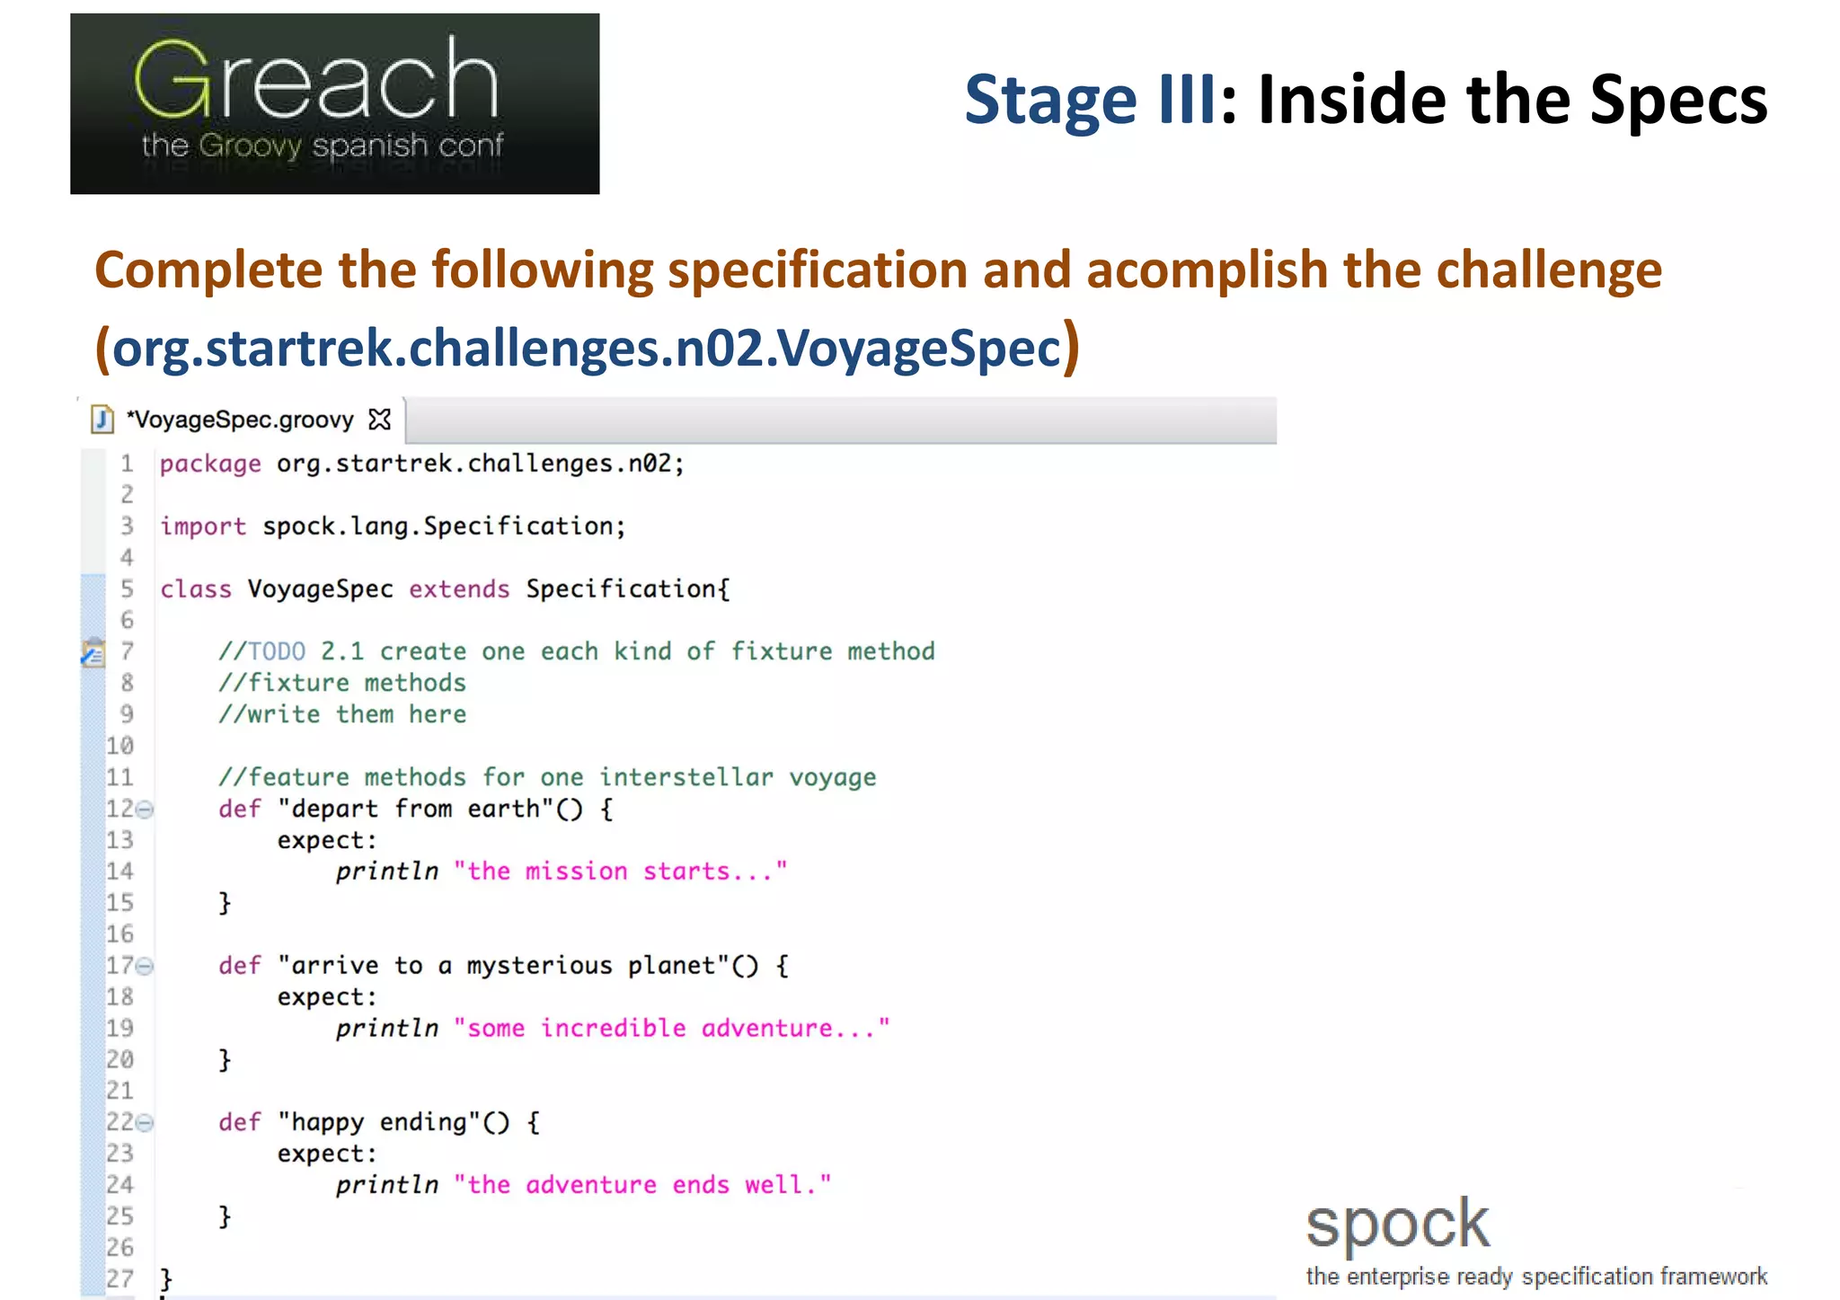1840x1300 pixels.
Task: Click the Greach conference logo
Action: pyautogui.click(x=334, y=103)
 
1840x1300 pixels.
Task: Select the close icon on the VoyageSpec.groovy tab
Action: pyautogui.click(x=380, y=420)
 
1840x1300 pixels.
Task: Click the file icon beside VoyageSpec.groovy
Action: pyautogui.click(x=103, y=420)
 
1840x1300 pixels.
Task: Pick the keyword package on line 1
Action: pyautogui.click(x=210, y=464)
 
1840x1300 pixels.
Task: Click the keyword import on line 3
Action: pyautogui.click(x=203, y=526)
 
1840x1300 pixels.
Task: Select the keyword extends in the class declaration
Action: pyautogui.click(x=459, y=589)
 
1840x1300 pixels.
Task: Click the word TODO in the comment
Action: pyautogui.click(x=277, y=651)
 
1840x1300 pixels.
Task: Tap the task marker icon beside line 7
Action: pyautogui.click(x=93, y=652)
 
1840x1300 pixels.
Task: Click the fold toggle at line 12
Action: pyautogui.click(x=145, y=809)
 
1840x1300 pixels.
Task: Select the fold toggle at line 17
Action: pyautogui.click(x=145, y=966)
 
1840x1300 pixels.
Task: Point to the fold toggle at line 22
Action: pyautogui.click(x=145, y=1122)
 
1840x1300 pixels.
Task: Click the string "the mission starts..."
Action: pyautogui.click(x=620, y=871)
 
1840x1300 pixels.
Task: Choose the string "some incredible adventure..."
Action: pyautogui.click(x=671, y=1028)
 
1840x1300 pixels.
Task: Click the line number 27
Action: pyautogui.click(x=120, y=1278)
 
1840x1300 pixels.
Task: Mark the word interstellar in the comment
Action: pyautogui.click(x=686, y=777)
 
